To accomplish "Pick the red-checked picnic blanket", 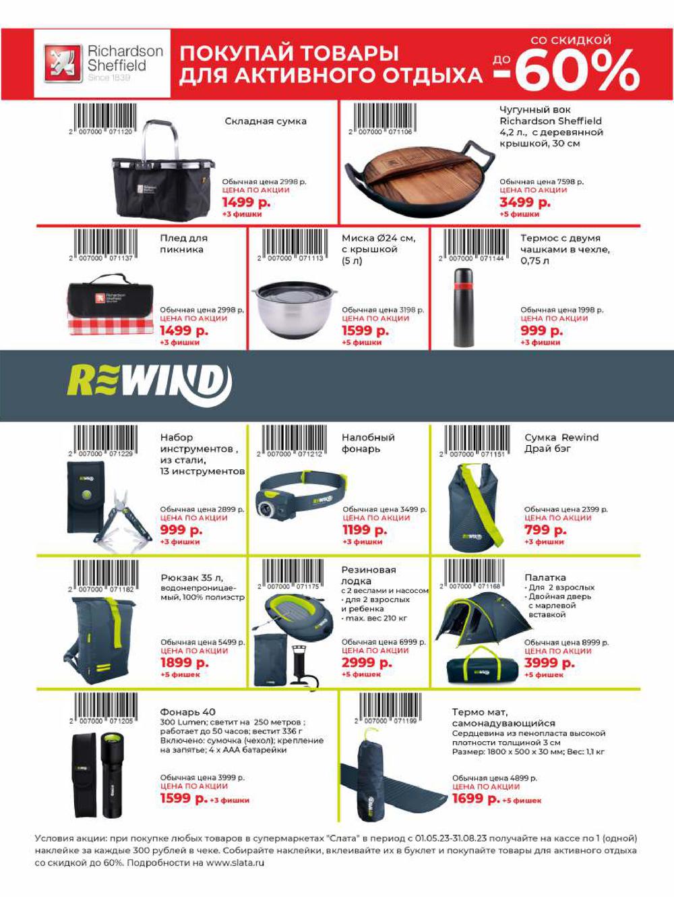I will click(x=111, y=307).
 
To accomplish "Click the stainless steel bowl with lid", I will click(x=294, y=308).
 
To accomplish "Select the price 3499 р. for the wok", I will click(x=524, y=202).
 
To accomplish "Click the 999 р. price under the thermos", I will click(x=541, y=330).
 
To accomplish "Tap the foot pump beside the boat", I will click(x=303, y=670).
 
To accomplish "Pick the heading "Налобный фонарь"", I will click(x=368, y=443).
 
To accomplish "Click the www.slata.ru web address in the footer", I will click(x=235, y=863).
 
